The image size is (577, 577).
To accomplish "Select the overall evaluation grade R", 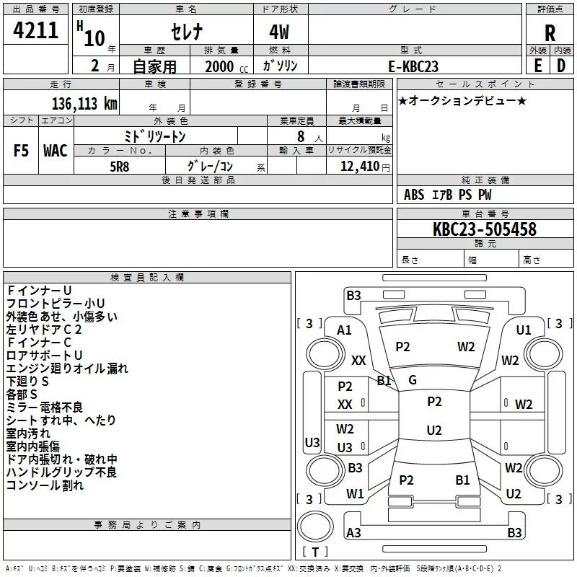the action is coord(550,34).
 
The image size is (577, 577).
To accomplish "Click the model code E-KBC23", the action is coord(415,66).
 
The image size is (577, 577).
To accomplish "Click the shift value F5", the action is coord(22,151).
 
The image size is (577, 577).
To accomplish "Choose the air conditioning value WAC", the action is coord(55,151).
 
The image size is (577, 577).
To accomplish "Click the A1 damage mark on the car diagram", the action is coord(344,330).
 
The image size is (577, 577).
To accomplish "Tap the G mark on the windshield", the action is coord(412,379).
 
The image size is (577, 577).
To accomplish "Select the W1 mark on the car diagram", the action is coord(354,494).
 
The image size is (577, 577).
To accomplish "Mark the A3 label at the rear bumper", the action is coord(353,533).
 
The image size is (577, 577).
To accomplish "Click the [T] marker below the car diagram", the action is coord(315,552).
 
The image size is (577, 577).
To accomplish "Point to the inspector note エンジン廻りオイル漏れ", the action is coord(67,369).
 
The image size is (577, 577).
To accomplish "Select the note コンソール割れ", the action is coord(45,485).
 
